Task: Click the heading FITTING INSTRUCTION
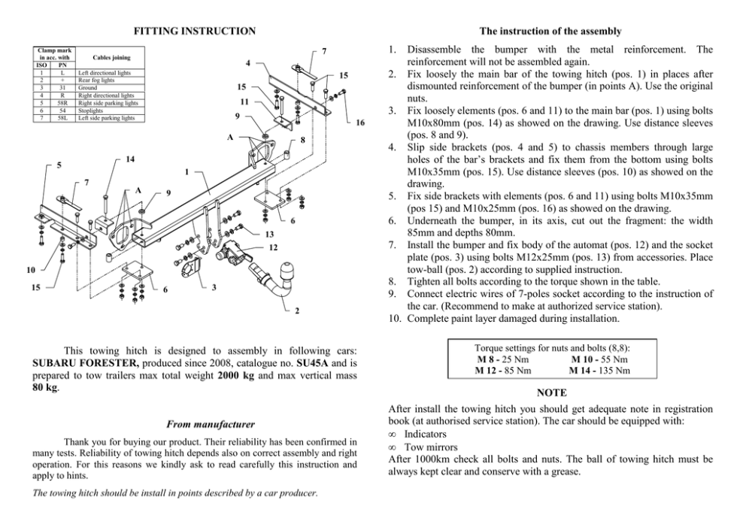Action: [194, 31]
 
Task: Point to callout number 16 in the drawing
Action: [360, 123]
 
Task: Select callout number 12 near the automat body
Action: [273, 247]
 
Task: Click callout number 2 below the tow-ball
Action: [296, 310]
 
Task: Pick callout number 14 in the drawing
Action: [130, 159]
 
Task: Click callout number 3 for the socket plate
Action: [214, 287]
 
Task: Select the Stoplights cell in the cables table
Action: [95, 111]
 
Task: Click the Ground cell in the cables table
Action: [87, 87]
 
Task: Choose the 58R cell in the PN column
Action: [62, 103]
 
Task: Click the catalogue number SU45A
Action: [314, 362]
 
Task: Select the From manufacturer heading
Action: [211, 424]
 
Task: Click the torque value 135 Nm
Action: [610, 370]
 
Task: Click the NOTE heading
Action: [551, 392]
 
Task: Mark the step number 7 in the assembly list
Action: [392, 244]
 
